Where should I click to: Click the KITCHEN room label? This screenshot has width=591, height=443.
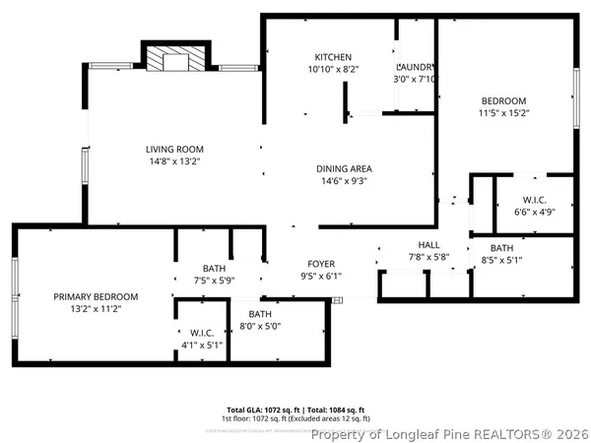(333, 57)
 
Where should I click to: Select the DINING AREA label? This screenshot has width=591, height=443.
(344, 168)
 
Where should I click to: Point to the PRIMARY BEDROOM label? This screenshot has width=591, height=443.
(96, 296)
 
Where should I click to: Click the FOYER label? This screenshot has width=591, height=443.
(321, 264)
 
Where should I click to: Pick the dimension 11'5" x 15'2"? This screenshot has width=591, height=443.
(503, 113)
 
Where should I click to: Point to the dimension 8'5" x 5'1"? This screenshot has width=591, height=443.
(501, 261)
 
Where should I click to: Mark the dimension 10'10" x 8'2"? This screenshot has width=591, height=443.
(333, 70)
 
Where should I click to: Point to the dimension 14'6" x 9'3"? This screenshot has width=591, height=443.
(344, 181)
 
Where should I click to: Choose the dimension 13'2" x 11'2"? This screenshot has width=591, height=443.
(96, 309)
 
